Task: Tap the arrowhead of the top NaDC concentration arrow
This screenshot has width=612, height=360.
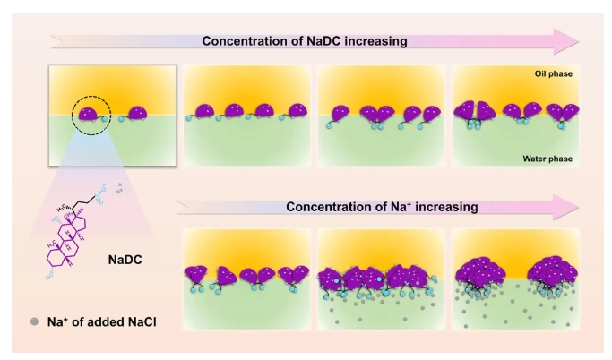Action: coord(567,41)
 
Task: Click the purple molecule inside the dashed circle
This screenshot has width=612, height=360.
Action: coord(86,113)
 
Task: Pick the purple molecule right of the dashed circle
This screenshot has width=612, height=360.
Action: coord(136,114)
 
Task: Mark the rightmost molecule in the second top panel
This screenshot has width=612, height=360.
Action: coord(295,113)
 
